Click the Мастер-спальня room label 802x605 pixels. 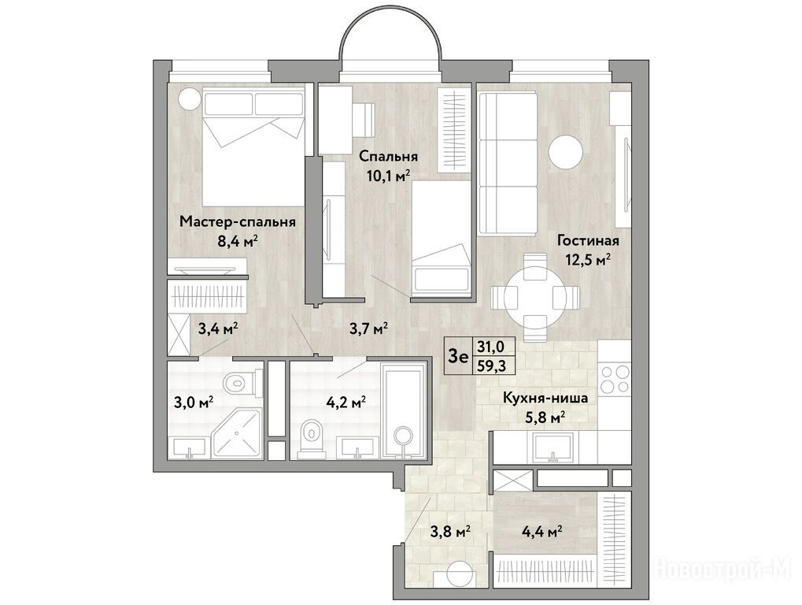coord(238,223)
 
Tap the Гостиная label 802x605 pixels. coord(588,240)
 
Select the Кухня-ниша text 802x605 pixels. coord(545,399)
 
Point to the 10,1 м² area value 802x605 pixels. coord(389,176)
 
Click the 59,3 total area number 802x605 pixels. coord(490,366)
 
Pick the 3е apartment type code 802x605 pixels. coord(458,355)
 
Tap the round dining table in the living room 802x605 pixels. coord(534,296)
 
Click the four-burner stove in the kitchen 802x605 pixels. coord(615,379)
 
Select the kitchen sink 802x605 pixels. coord(553,448)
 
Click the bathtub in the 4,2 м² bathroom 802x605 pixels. coord(404,411)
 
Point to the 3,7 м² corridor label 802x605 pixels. coord(368,328)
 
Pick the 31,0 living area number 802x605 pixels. coord(490,347)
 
